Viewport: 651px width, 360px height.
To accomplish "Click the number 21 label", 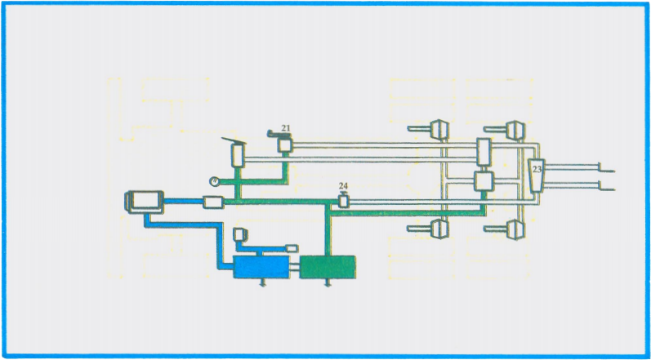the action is [x=286, y=128].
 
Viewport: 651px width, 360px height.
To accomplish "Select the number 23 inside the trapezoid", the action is [x=537, y=170].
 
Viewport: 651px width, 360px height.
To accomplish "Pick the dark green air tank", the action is [x=328, y=267].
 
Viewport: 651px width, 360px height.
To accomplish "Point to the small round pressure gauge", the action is [x=213, y=180].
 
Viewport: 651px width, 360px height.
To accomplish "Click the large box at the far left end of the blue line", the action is [x=145, y=200].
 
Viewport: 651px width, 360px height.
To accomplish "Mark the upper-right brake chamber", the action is [x=514, y=129].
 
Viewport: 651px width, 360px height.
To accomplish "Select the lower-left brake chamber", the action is [x=437, y=229].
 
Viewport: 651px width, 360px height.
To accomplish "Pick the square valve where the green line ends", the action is [x=483, y=181].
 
